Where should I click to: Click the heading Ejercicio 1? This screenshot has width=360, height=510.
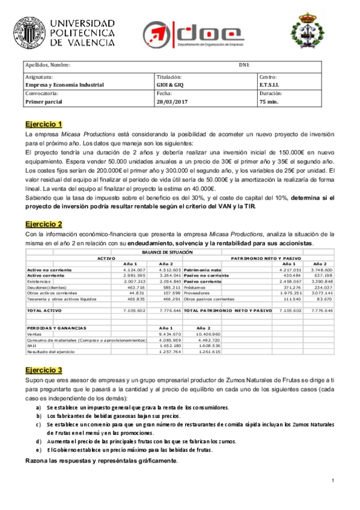43,123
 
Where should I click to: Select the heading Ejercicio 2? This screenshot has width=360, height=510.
43,224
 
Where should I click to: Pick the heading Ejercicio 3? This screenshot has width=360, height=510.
43,369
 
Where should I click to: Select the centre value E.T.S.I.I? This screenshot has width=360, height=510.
270,85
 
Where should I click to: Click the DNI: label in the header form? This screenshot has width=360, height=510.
244,65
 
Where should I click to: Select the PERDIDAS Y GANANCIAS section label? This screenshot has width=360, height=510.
57,328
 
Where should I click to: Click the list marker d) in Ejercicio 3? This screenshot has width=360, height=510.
39,441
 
